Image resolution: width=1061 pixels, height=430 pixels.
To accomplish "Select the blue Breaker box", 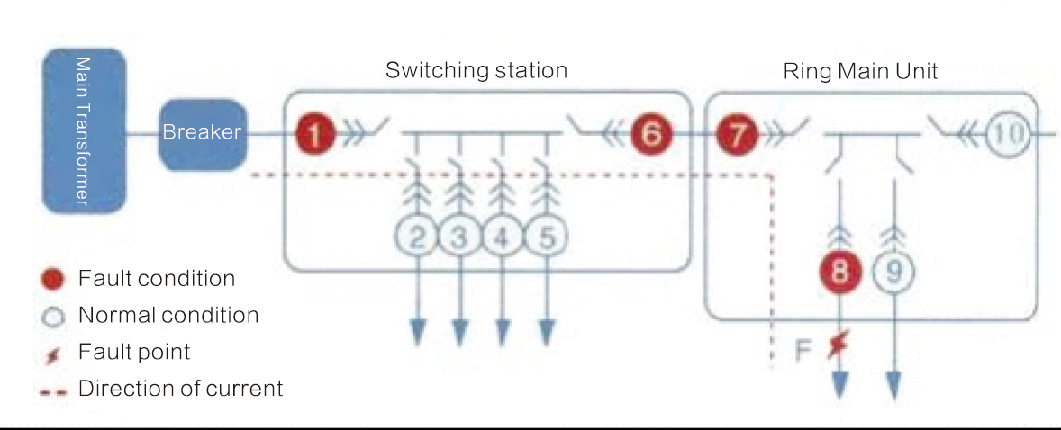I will click(202, 133).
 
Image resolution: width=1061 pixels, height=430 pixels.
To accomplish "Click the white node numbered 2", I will click(417, 237).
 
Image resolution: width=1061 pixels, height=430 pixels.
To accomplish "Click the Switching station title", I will click(476, 70).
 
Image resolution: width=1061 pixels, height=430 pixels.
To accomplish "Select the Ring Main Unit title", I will click(860, 71).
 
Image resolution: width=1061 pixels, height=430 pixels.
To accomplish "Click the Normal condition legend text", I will click(168, 316).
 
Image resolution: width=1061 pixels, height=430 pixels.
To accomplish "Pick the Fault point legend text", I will click(134, 352).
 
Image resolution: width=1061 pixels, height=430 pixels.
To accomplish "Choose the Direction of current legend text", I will click(180, 389).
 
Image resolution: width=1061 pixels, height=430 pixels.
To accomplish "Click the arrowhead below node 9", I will click(893, 385).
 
